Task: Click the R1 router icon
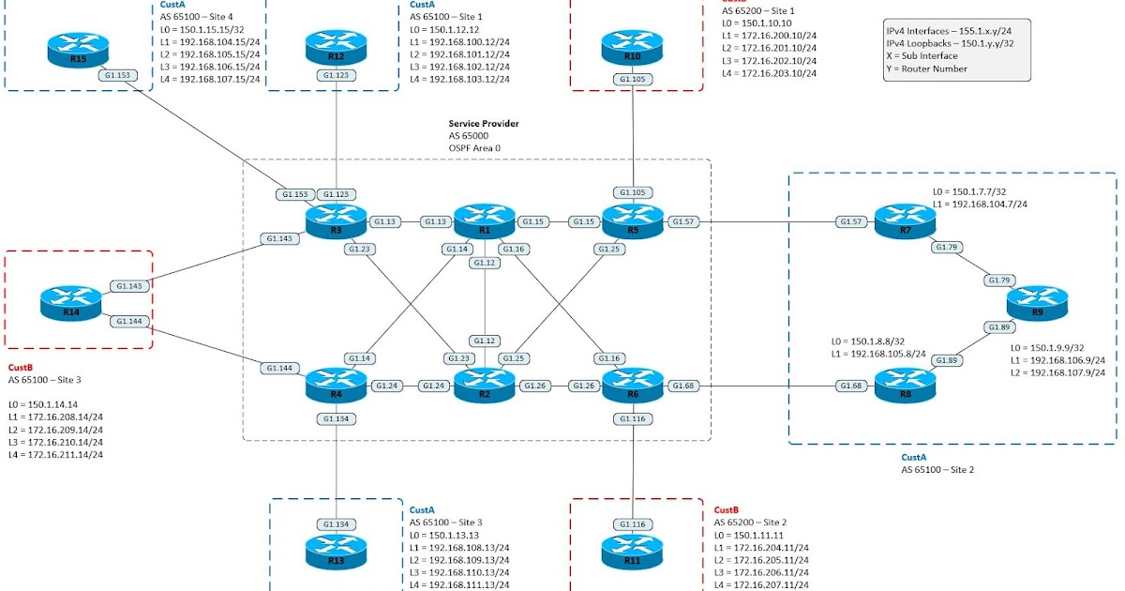(485, 221)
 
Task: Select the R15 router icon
(78, 49)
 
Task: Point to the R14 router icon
(70, 302)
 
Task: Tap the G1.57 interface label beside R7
(851, 222)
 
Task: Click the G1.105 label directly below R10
(633, 80)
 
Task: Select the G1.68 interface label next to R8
(851, 386)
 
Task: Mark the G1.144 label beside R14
(128, 321)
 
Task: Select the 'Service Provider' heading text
(483, 123)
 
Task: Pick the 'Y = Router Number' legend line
(927, 68)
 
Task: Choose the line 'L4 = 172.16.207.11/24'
(762, 584)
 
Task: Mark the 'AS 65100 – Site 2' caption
(937, 469)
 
